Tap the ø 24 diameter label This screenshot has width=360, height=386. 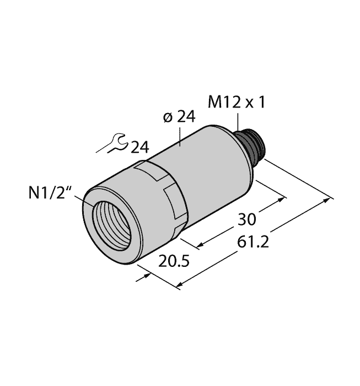(180, 117)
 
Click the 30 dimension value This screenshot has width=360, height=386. (245, 219)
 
